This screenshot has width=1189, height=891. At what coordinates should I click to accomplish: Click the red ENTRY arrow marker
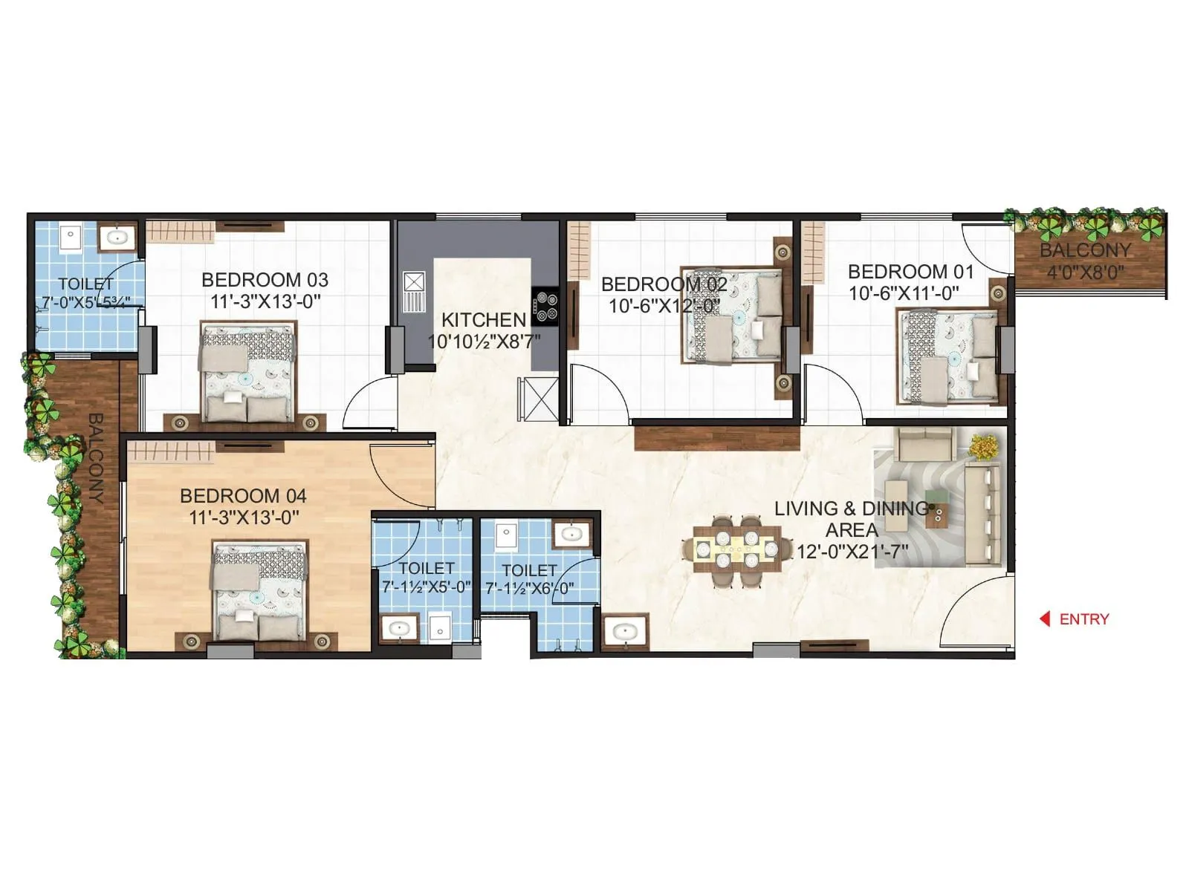click(1045, 619)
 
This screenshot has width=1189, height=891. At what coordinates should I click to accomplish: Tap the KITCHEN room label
click(484, 320)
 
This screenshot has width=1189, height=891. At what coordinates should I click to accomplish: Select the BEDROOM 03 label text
click(265, 280)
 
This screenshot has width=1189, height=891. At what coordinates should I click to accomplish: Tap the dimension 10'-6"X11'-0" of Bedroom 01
click(904, 293)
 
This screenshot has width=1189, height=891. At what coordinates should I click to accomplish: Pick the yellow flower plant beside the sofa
click(985, 446)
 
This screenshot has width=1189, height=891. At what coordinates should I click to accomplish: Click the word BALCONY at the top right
click(1085, 250)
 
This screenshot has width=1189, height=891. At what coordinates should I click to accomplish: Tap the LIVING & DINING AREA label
click(851, 519)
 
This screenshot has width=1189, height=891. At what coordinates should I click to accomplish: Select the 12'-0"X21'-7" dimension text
click(852, 552)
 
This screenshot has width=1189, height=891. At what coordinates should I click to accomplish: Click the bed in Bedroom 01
click(948, 356)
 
